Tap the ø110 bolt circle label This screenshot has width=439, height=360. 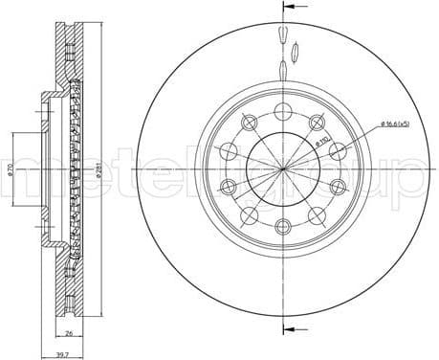click(323, 144)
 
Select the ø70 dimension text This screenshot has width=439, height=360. click(9, 170)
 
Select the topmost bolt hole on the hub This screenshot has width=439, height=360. click(285, 110)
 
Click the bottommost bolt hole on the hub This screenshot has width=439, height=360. click(285, 226)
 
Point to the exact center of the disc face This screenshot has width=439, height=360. click(285, 169)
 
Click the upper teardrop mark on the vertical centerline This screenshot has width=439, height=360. click(284, 35)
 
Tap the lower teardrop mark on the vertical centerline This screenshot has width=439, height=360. click(284, 70)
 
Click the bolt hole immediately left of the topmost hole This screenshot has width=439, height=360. click(250, 122)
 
